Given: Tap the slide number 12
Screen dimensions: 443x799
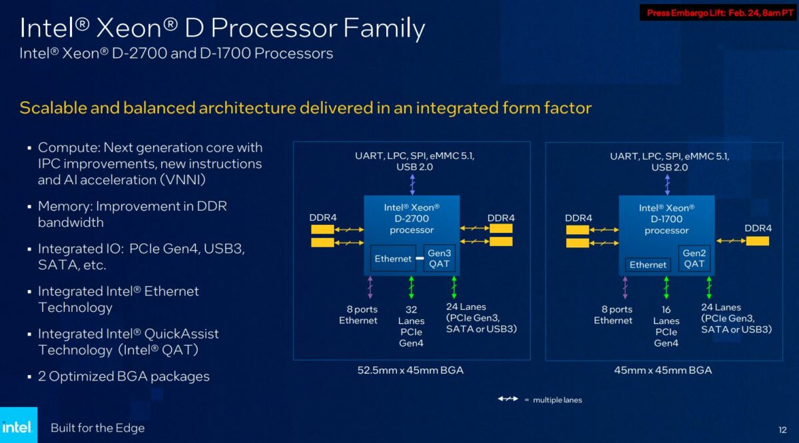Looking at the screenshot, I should tap(782, 429).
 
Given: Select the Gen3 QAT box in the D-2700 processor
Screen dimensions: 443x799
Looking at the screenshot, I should tap(439, 259).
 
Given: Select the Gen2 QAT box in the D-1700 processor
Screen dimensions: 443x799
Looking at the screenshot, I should tap(694, 259).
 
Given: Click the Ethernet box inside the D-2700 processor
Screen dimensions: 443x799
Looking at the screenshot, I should tap(393, 259).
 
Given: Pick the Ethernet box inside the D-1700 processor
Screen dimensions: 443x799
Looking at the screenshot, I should tap(648, 265).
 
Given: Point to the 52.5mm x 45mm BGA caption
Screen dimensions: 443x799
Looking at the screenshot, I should tap(411, 370).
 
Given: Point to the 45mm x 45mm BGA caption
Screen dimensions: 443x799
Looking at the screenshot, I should tap(663, 370).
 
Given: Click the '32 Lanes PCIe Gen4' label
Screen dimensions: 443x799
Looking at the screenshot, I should tap(411, 326).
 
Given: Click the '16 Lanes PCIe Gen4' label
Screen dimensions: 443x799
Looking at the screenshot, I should tap(666, 326).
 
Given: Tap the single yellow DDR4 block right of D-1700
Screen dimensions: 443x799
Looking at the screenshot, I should tap(758, 241).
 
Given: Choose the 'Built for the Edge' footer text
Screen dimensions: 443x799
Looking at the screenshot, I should tap(97, 428).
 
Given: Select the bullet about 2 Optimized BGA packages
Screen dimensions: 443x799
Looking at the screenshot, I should tap(123, 376).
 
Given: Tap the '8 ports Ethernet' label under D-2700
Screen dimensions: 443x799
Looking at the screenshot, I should tap(358, 315).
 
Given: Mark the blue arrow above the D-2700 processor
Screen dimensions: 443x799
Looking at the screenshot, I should tap(412, 184).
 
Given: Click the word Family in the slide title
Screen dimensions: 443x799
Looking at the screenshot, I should tap(382, 29).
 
